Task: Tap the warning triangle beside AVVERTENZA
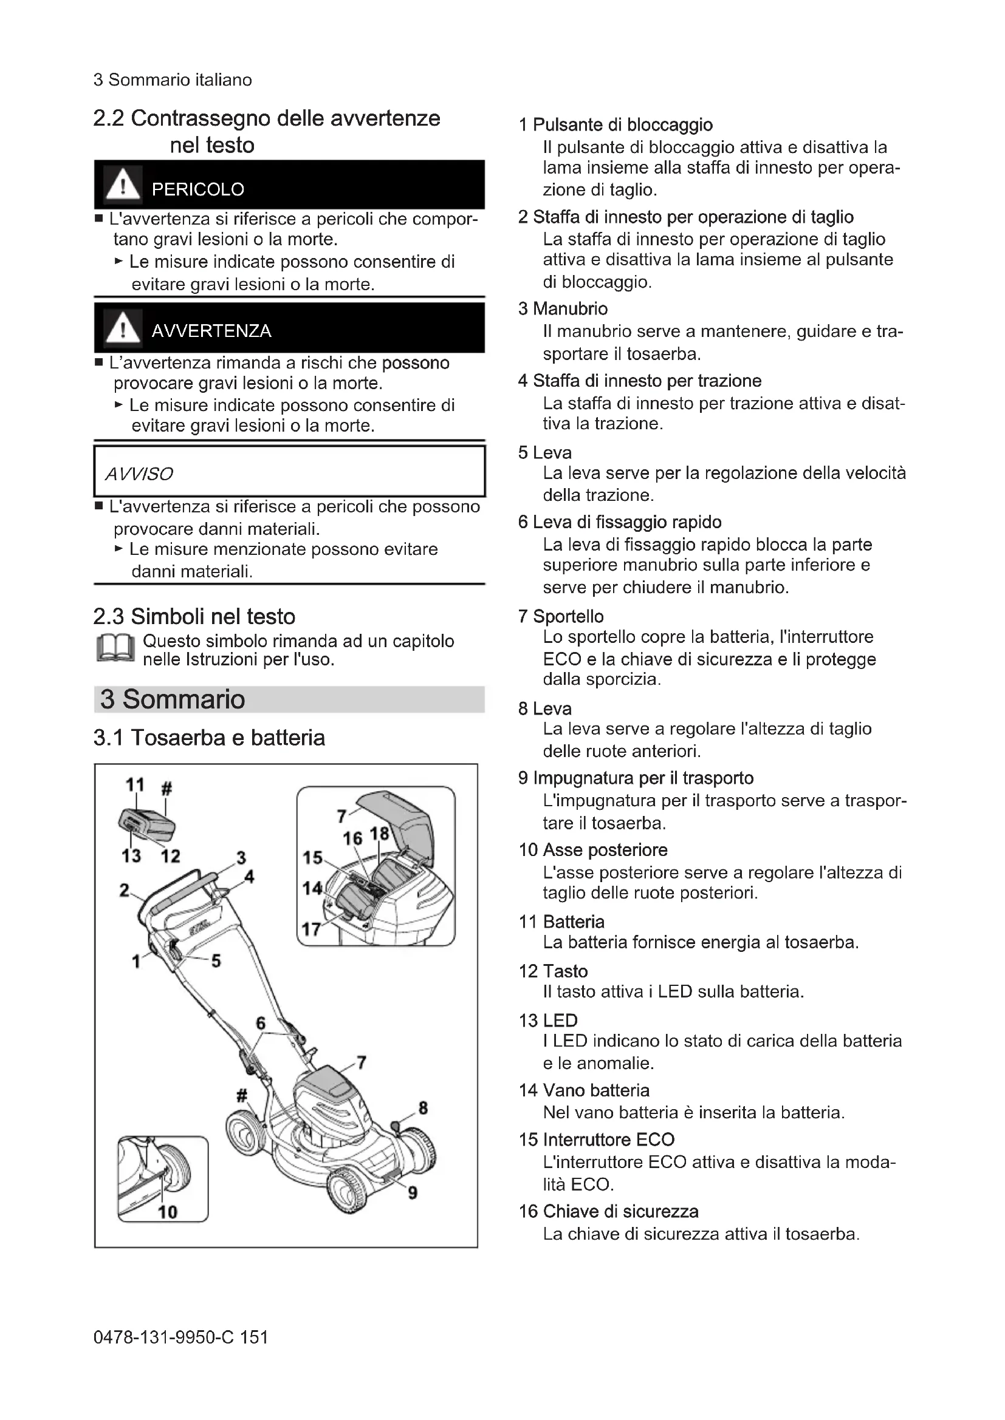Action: click(x=123, y=327)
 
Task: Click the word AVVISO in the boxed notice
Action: click(x=139, y=474)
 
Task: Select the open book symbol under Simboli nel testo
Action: click(x=115, y=650)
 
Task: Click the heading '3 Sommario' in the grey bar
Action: click(x=173, y=699)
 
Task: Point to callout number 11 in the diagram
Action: click(x=135, y=785)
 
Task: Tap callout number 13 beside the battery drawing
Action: click(x=131, y=856)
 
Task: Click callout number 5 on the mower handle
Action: click(x=216, y=960)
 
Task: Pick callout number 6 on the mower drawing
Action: click(x=261, y=1023)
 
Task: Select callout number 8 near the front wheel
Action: click(x=424, y=1108)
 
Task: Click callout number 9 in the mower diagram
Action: click(x=413, y=1192)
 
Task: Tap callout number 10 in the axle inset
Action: click(x=168, y=1212)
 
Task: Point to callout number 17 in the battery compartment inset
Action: click(x=310, y=929)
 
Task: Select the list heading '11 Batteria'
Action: click(x=561, y=922)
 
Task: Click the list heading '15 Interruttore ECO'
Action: click(x=597, y=1139)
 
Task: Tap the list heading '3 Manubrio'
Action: click(x=563, y=308)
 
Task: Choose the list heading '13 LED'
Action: click(x=547, y=1021)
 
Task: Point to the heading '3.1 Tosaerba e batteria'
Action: click(x=209, y=738)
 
